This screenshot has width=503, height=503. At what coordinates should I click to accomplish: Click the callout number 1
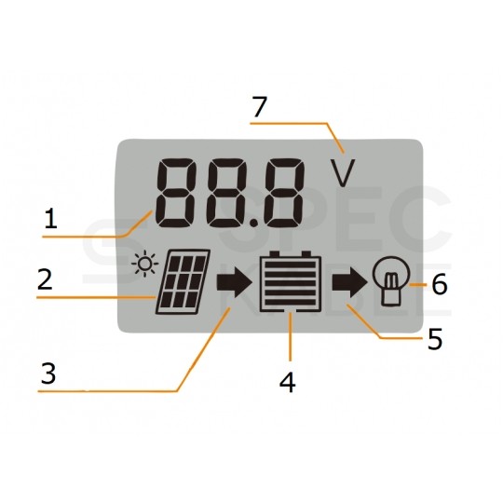51,219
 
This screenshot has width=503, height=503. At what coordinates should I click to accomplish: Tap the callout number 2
45,279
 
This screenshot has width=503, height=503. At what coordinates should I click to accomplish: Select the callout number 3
48,374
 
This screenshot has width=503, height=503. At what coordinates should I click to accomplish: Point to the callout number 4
288,383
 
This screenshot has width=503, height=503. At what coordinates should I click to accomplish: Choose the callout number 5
435,339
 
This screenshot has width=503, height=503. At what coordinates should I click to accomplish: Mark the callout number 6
440,284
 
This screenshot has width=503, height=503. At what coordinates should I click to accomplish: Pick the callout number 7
260,107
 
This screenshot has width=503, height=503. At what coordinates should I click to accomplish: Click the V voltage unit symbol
343,173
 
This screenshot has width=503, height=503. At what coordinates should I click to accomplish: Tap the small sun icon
145,264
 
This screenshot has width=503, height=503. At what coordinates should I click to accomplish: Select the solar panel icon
184,281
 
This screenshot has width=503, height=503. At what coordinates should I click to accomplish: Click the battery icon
291,281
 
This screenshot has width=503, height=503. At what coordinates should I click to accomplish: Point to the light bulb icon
390,280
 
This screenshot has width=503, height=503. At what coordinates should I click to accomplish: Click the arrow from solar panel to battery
234,282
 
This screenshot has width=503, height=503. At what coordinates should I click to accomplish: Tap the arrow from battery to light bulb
349,282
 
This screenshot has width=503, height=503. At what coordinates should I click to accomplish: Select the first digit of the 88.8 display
175,193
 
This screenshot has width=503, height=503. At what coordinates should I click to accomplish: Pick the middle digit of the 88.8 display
228,193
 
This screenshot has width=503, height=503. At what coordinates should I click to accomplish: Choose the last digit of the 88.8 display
283,193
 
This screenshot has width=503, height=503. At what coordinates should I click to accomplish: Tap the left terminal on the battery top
274,254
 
